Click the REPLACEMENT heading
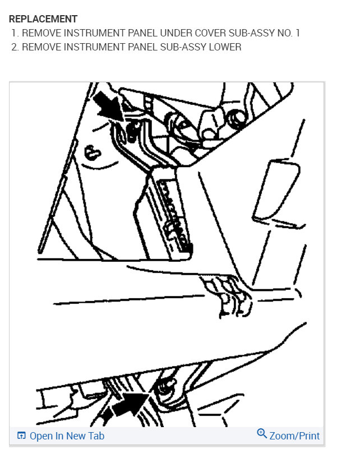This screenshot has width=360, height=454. pyautogui.click(x=43, y=20)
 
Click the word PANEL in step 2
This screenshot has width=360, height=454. pyautogui.click(x=137, y=47)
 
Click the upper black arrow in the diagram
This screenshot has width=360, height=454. pyautogui.click(x=108, y=106)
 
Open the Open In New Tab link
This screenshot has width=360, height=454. pyautogui.click(x=67, y=436)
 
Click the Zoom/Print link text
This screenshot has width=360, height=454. pyautogui.click(x=294, y=436)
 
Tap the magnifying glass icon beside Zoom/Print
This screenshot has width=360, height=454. pyautogui.click(x=261, y=434)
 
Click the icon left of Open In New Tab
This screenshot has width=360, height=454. pyautogui.click(x=22, y=436)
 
